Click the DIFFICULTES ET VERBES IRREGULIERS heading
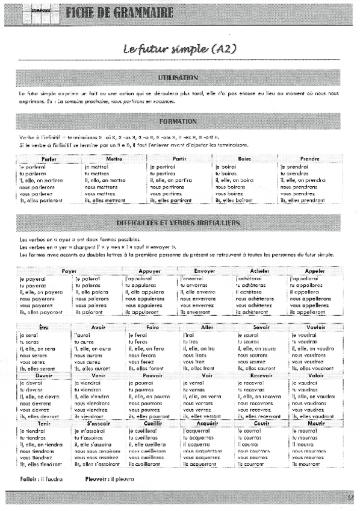[178, 223]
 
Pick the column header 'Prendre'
[309, 159]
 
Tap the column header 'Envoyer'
[205, 271]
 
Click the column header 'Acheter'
[259, 271]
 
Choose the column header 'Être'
[43, 326]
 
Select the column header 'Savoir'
[261, 326]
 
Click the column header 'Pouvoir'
[153, 375]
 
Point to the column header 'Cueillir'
[153, 424]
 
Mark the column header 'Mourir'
[315, 424]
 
